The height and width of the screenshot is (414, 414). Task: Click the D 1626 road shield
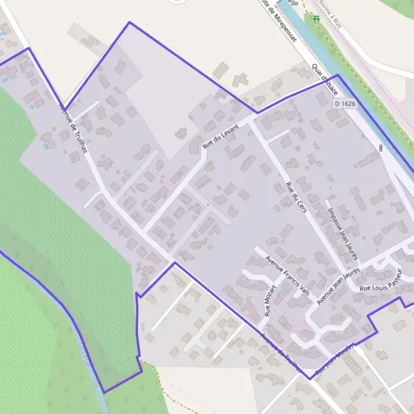tap(345, 103)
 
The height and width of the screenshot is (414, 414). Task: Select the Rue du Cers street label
tap(295, 199)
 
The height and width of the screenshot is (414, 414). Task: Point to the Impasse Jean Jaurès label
tap(342, 230)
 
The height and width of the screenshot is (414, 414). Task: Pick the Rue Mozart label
tap(270, 299)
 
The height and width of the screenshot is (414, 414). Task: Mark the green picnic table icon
tap(317, 18)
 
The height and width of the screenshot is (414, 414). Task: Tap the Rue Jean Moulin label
tap(334, 361)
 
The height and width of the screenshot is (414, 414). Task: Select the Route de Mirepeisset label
tap(282, 22)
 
